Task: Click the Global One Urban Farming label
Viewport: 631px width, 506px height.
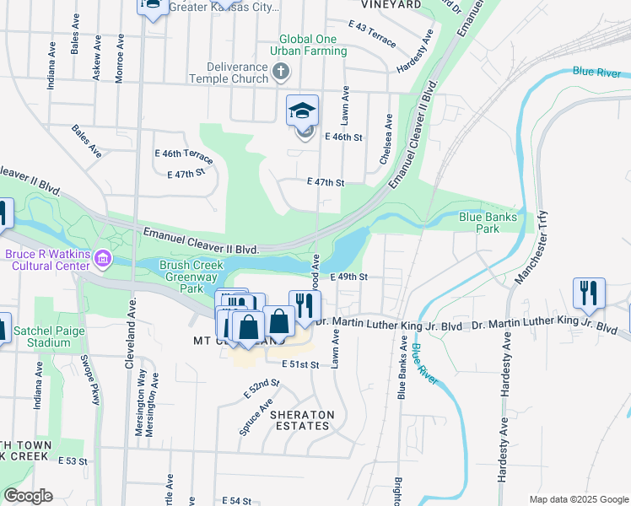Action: coord(314,46)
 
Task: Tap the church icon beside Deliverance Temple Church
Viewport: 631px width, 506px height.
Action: coord(283,74)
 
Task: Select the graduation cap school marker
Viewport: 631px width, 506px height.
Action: coord(303,110)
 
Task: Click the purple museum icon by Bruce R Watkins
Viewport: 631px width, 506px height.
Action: coord(103,256)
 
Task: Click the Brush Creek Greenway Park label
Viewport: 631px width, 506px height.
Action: coord(191,277)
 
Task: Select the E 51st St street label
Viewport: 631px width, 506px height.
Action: coord(301,364)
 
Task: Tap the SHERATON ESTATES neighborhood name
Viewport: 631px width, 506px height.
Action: coord(302,420)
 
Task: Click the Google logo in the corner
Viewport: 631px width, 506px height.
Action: coord(27,497)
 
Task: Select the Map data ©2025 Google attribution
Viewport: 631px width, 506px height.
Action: coord(578,499)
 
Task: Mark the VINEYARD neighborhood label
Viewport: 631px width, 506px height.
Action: coord(391,5)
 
